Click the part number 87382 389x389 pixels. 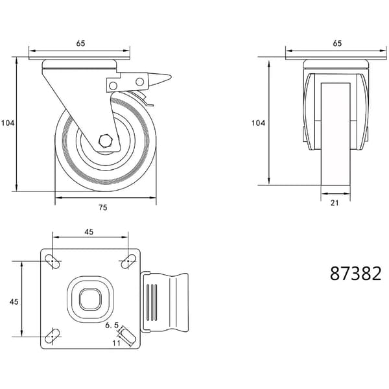pos(355,273)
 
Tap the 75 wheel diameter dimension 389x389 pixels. pos(103,207)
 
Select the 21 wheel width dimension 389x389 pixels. pos(335,203)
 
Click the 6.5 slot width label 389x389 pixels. pos(112,325)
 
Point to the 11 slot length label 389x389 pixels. pos(116,343)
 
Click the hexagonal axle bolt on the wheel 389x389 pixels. pos(106,141)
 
